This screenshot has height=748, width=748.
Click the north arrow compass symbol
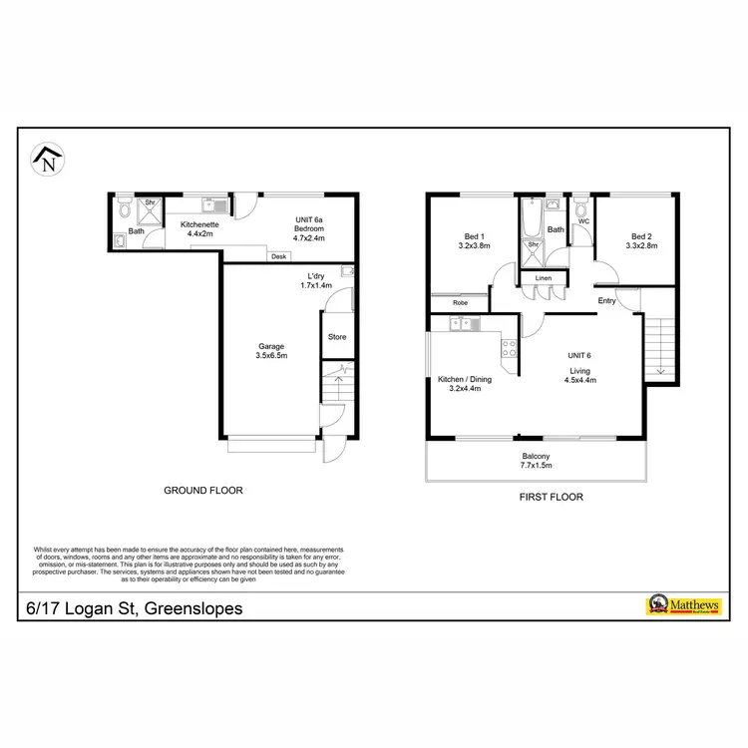[x=48, y=161]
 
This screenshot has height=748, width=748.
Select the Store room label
[x=337, y=337]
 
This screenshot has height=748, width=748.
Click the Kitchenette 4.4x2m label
[x=199, y=229]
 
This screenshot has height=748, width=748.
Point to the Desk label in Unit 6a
[x=278, y=257]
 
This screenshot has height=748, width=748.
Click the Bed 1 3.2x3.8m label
[x=471, y=240]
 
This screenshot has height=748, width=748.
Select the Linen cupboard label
[x=543, y=277]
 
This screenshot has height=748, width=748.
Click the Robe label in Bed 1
[x=460, y=302]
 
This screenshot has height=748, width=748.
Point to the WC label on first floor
[x=583, y=221]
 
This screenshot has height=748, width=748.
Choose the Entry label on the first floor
[x=606, y=300]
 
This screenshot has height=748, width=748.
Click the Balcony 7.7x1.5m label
[x=535, y=461]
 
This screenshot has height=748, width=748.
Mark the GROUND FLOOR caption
[x=203, y=491]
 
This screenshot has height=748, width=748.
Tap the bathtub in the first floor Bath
[x=532, y=216]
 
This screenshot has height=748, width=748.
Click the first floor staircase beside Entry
[x=657, y=344]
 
